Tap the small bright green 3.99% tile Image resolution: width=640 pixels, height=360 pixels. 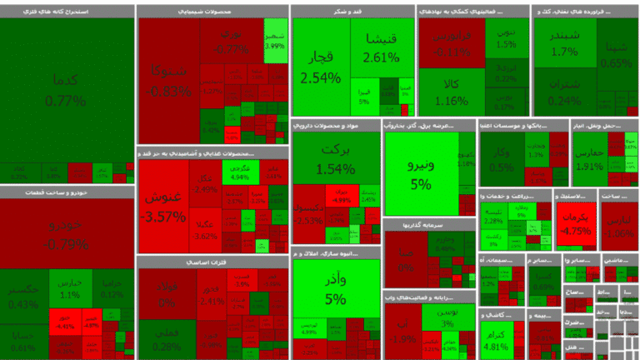(x=275, y=42)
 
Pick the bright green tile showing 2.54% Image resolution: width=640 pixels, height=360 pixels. (x=321, y=67)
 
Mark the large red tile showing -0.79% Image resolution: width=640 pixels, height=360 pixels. (x=66, y=233)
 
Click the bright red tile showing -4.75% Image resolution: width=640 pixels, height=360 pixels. (x=577, y=225)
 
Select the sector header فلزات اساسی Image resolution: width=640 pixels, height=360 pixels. (x=212, y=262)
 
